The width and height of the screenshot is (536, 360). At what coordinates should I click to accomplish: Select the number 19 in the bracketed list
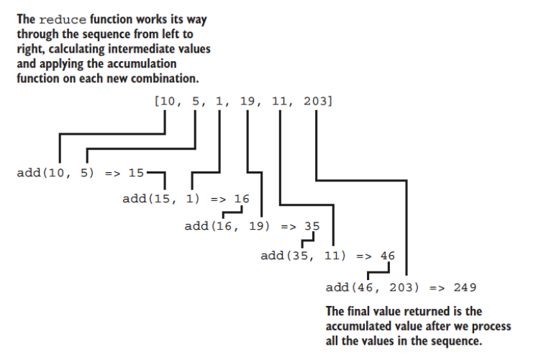pyautogui.click(x=247, y=103)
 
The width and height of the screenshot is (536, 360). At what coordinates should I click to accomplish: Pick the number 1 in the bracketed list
pyautogui.click(x=220, y=103)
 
